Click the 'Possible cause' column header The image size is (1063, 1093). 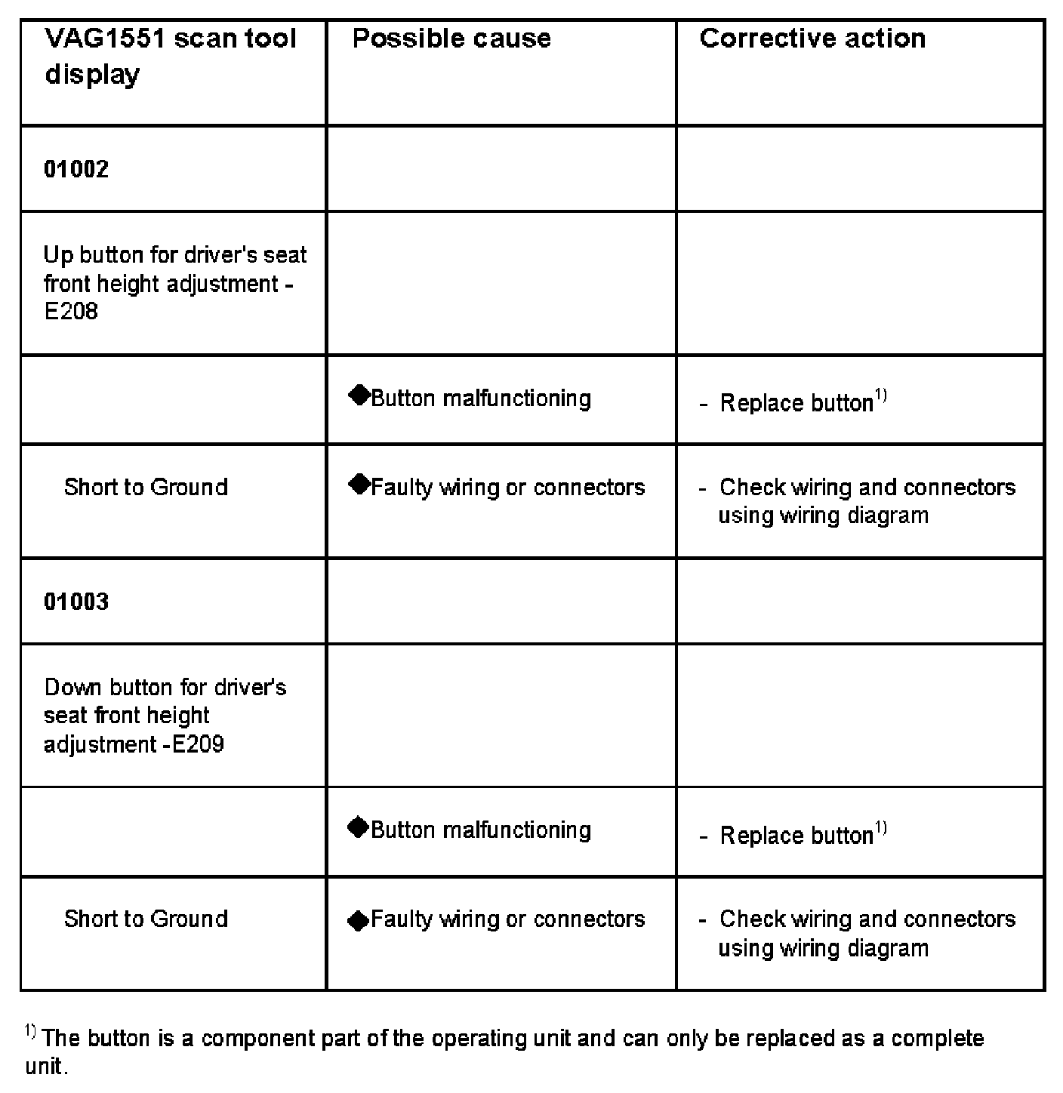click(451, 39)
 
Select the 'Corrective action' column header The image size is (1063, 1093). click(812, 39)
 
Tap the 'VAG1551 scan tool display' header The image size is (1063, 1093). click(170, 57)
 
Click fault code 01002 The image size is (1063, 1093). click(76, 169)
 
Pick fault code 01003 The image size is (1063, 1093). click(76, 602)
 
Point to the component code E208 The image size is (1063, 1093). click(71, 312)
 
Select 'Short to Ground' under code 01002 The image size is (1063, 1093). click(146, 487)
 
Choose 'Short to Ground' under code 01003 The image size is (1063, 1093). click(146, 919)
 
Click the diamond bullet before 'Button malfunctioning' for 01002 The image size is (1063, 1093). click(359, 396)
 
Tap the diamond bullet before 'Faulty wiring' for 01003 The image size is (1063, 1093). click(359, 920)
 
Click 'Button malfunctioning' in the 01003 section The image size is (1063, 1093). click(481, 830)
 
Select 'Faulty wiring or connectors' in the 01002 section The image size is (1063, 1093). click(508, 488)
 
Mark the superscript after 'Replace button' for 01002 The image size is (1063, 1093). click(880, 396)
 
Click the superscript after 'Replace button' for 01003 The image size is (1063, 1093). click(880, 829)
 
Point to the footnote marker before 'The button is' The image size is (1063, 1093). click(30, 1031)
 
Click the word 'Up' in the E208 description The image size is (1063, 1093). click(58, 255)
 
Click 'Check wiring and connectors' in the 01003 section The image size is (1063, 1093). click(867, 919)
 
